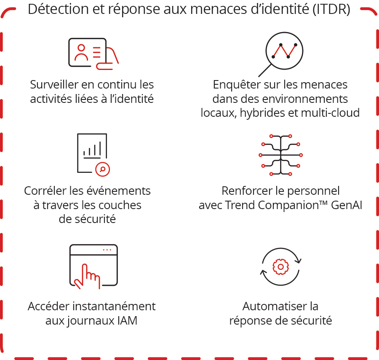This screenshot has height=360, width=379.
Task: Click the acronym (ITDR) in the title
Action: (x=331, y=9)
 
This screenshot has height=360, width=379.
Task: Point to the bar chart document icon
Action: (x=92, y=153)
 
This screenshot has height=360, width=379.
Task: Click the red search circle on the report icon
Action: (x=102, y=169)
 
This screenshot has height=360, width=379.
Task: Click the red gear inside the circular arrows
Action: (x=280, y=266)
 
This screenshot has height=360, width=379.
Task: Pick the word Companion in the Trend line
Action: (x=286, y=205)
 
